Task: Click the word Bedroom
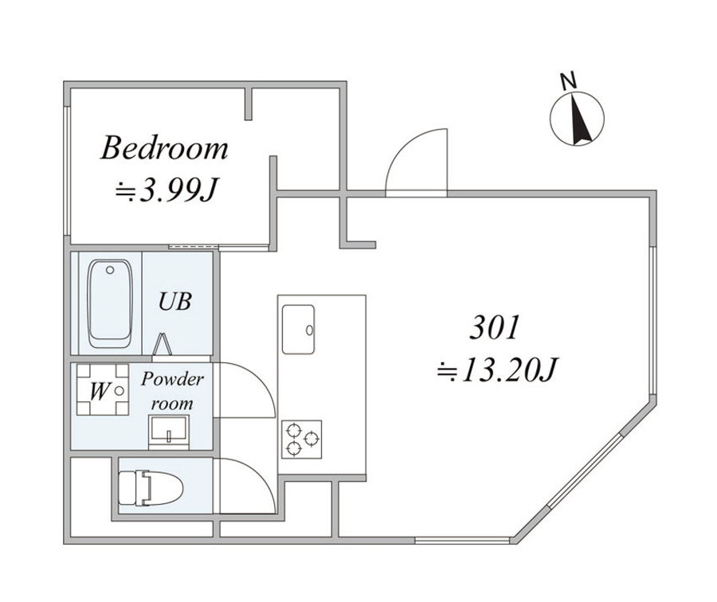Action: click(x=164, y=147)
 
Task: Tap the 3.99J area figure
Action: click(x=165, y=190)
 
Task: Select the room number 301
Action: click(x=496, y=327)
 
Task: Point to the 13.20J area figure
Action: click(x=497, y=369)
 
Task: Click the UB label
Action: click(x=174, y=302)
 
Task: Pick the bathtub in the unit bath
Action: click(x=110, y=304)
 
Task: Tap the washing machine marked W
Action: click(x=103, y=390)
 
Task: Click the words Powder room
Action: click(x=172, y=391)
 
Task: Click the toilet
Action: click(x=151, y=488)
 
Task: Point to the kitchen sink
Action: click(x=298, y=330)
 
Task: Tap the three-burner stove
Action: click(x=301, y=440)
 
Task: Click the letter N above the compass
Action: click(x=568, y=81)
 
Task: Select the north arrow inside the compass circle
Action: click(x=579, y=119)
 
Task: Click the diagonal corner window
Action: click(x=585, y=471)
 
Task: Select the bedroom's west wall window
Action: click(x=67, y=171)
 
